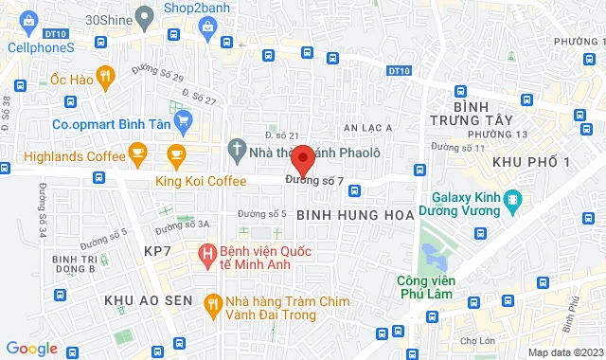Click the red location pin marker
tap(301, 157)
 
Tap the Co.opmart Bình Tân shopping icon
tap(184, 119)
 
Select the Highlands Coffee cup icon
tap(138, 152)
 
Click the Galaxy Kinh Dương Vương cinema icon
tap(512, 200)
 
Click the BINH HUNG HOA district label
tap(355, 216)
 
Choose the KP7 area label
tap(157, 250)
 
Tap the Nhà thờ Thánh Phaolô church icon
tap(237, 149)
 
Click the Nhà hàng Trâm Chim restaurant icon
tap(213, 302)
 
